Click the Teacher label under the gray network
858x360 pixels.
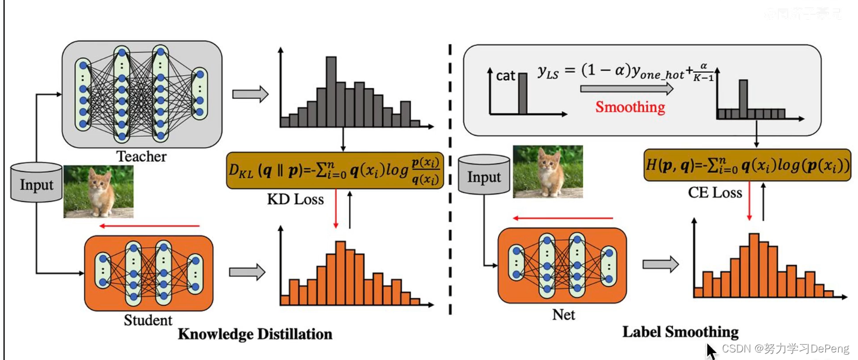[x=141, y=156]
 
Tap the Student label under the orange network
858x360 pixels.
[x=148, y=320]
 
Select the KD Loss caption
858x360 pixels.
[x=295, y=199]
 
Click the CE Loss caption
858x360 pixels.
[x=715, y=193]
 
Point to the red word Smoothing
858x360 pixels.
[x=630, y=107]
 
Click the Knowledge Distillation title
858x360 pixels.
[x=255, y=334]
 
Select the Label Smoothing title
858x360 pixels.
[x=680, y=332]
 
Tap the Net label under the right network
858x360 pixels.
[x=563, y=315]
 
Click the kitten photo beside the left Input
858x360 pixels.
[x=98, y=191]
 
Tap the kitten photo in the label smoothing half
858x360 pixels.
[x=547, y=172]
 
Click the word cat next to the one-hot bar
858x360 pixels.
[x=505, y=76]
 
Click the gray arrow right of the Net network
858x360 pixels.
[x=660, y=265]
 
